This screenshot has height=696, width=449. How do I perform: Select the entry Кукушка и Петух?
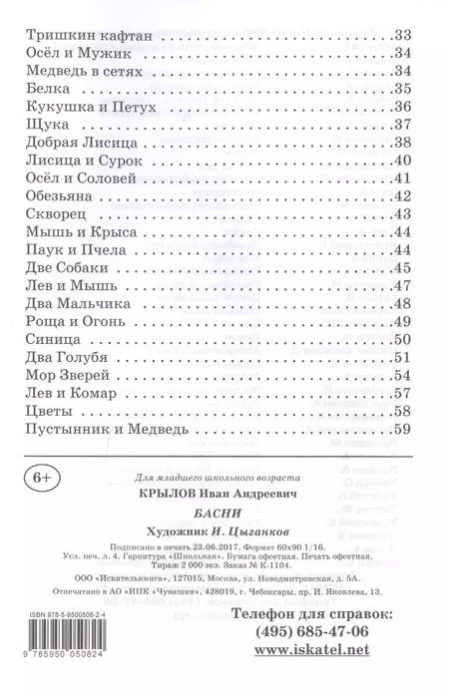pyautogui.click(x=89, y=107)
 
